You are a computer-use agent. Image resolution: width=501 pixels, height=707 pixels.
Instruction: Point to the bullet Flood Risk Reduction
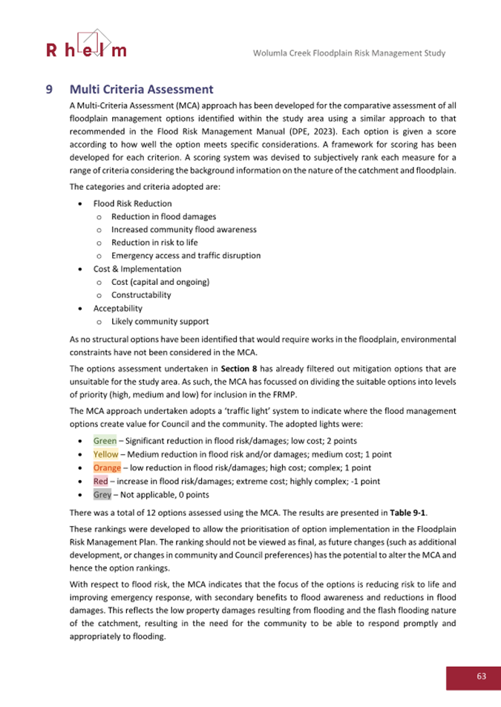[x=132, y=203]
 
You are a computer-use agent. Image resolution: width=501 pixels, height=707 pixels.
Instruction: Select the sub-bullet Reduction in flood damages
[x=163, y=217]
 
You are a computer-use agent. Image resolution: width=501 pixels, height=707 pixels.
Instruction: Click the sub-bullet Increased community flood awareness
[x=183, y=229]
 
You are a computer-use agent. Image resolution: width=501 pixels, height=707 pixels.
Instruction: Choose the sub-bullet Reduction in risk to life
[x=154, y=243]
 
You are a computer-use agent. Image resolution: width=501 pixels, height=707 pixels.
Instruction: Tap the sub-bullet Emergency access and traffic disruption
[x=186, y=255]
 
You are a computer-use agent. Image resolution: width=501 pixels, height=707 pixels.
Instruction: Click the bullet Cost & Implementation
[x=137, y=269]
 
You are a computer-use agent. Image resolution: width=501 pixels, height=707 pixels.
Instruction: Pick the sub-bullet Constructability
[x=141, y=295]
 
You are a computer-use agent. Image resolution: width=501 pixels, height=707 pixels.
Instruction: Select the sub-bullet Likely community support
[x=160, y=321]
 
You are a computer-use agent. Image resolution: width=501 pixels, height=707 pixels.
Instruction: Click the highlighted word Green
[x=105, y=441]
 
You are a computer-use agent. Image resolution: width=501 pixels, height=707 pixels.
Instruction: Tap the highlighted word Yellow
[x=105, y=454]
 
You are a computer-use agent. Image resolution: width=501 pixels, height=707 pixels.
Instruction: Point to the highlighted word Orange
[x=107, y=467]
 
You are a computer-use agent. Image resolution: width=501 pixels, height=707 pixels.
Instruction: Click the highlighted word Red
[x=101, y=481]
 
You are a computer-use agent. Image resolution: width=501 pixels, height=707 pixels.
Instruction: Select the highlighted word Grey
[x=102, y=494]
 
